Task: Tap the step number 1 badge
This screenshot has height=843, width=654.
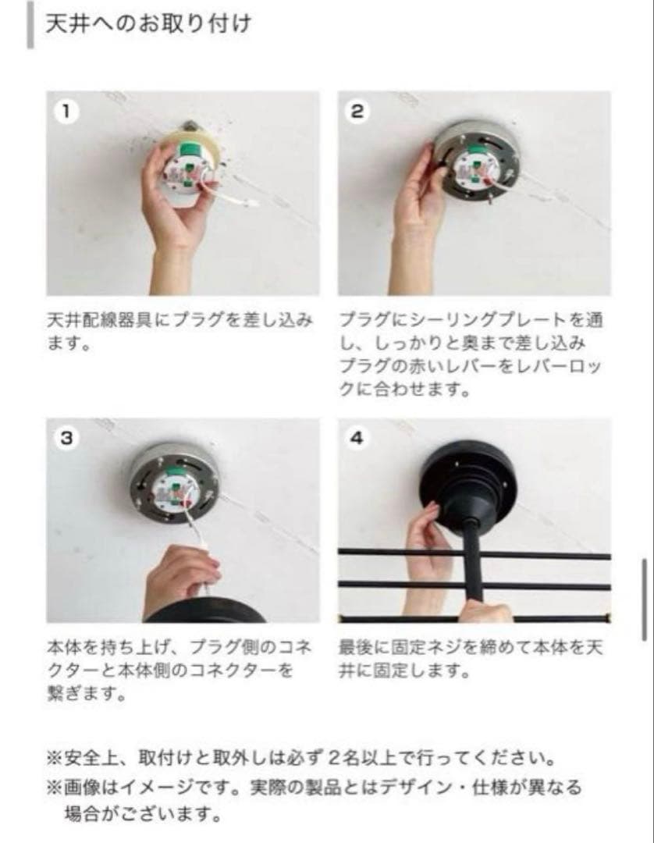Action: click(66, 112)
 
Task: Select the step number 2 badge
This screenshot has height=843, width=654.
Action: click(357, 112)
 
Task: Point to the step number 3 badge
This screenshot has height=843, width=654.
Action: click(66, 438)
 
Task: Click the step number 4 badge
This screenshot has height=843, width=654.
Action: click(357, 438)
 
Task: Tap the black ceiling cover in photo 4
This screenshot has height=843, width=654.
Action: click(467, 479)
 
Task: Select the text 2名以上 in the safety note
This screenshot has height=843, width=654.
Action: click(361, 759)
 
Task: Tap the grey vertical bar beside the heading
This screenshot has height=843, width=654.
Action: click(30, 25)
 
